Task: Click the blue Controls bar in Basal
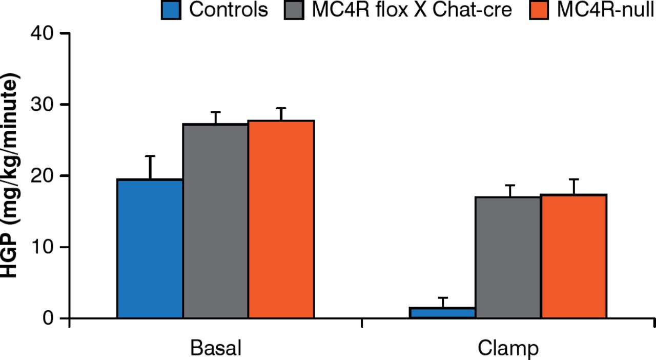tap(150, 249)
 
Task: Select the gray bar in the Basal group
tap(216, 221)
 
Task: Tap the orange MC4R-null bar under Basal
tap(281, 219)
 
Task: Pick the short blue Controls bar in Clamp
tap(442, 313)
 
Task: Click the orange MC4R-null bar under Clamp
tap(573, 256)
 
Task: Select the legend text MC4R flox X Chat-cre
tap(412, 10)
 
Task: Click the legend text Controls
tap(228, 10)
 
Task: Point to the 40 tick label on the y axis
tap(43, 33)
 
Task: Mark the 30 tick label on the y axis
tap(43, 105)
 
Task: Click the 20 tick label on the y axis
tap(43, 176)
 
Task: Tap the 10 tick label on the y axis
tap(43, 247)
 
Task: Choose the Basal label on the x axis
tap(216, 348)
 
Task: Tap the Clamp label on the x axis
tap(508, 348)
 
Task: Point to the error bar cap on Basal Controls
tap(150, 156)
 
